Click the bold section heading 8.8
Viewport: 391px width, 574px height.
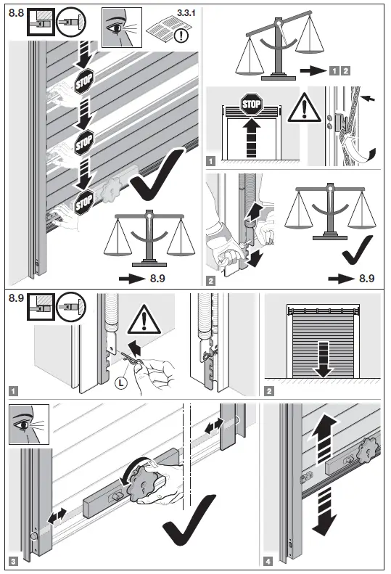click(x=15, y=12)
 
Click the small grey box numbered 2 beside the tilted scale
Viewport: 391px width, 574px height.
click(x=345, y=70)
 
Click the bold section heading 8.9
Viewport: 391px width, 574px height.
click(x=15, y=298)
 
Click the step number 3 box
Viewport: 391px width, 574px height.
click(x=15, y=562)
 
